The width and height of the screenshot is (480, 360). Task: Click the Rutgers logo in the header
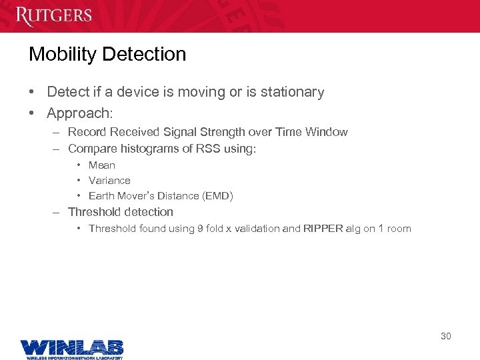click(x=54, y=15)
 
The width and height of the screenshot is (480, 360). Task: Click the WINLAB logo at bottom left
click(x=72, y=348)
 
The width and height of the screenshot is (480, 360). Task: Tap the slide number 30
click(x=445, y=336)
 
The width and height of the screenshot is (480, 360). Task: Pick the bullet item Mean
click(x=102, y=165)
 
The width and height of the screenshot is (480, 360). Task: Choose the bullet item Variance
click(x=109, y=181)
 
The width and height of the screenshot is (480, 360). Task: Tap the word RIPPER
click(x=323, y=229)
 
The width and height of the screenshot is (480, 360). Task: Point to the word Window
click(x=326, y=132)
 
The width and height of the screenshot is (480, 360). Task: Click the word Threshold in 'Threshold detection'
click(x=93, y=212)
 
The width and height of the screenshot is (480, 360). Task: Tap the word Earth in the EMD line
click(x=101, y=196)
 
